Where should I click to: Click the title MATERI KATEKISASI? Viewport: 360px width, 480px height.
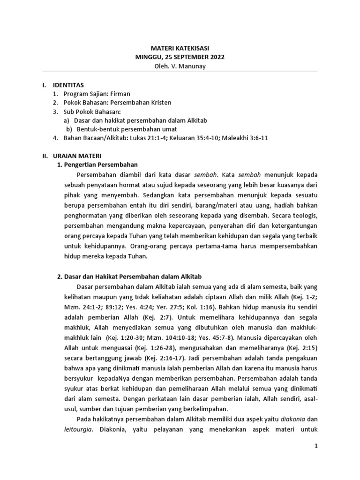click(180, 48)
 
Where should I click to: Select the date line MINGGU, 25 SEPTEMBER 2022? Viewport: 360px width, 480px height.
click(180, 57)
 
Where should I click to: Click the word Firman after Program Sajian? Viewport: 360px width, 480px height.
click(120, 94)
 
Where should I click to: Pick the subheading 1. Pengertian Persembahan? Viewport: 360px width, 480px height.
click(97, 164)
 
